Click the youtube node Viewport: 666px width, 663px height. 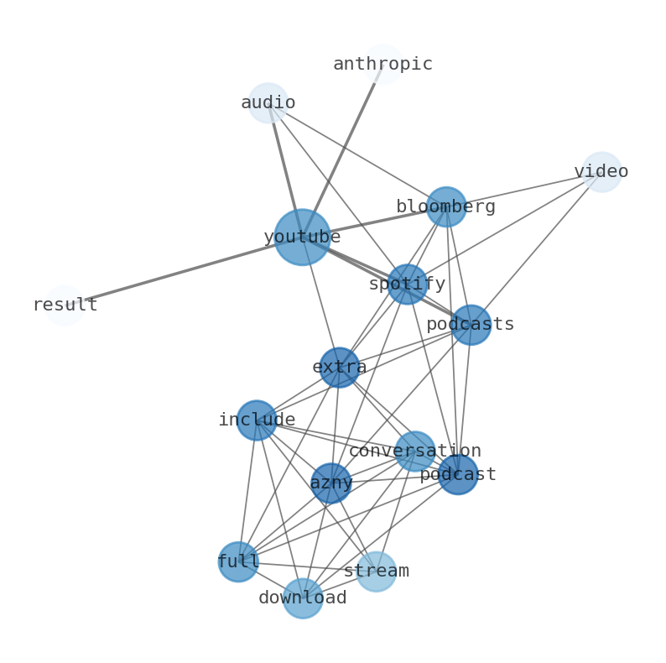(302, 238)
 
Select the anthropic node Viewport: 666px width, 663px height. (383, 65)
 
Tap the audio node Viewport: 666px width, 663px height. (268, 103)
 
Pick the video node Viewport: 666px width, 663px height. (601, 172)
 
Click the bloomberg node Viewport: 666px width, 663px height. (446, 206)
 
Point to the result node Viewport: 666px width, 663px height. (65, 305)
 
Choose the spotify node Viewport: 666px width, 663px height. (407, 285)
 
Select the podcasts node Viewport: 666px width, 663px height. (471, 325)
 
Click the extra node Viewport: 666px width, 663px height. (340, 368)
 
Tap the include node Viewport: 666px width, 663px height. (257, 420)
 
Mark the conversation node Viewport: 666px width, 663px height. (415, 452)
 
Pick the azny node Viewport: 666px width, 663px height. (331, 483)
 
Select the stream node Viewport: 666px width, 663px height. (376, 572)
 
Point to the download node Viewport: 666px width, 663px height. (303, 598)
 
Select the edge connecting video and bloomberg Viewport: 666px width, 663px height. (524, 189)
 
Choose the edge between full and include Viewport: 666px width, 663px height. (247, 491)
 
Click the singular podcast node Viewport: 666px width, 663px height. (458, 474)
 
